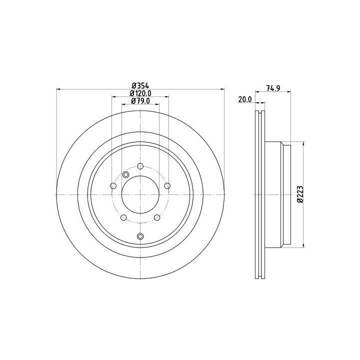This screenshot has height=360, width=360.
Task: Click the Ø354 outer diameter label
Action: pyautogui.click(x=140, y=86)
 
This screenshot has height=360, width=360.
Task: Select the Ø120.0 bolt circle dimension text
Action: pyautogui.click(x=140, y=93)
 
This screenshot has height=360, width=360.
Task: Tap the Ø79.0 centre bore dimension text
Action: pyautogui.click(x=140, y=101)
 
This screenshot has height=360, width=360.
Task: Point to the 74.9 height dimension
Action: pyautogui.click(x=273, y=88)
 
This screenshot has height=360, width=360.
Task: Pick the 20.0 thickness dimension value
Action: pyautogui.click(x=245, y=99)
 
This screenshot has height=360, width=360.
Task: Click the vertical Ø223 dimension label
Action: pyautogui.click(x=300, y=194)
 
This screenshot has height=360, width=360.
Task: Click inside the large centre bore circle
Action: pyautogui.click(x=140, y=194)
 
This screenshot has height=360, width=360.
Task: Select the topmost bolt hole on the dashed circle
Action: pyautogui.click(x=140, y=166)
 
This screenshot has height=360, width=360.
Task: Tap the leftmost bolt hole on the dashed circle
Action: pyautogui.click(x=113, y=185)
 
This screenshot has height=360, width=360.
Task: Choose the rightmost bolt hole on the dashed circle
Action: pyautogui.click(x=167, y=185)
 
